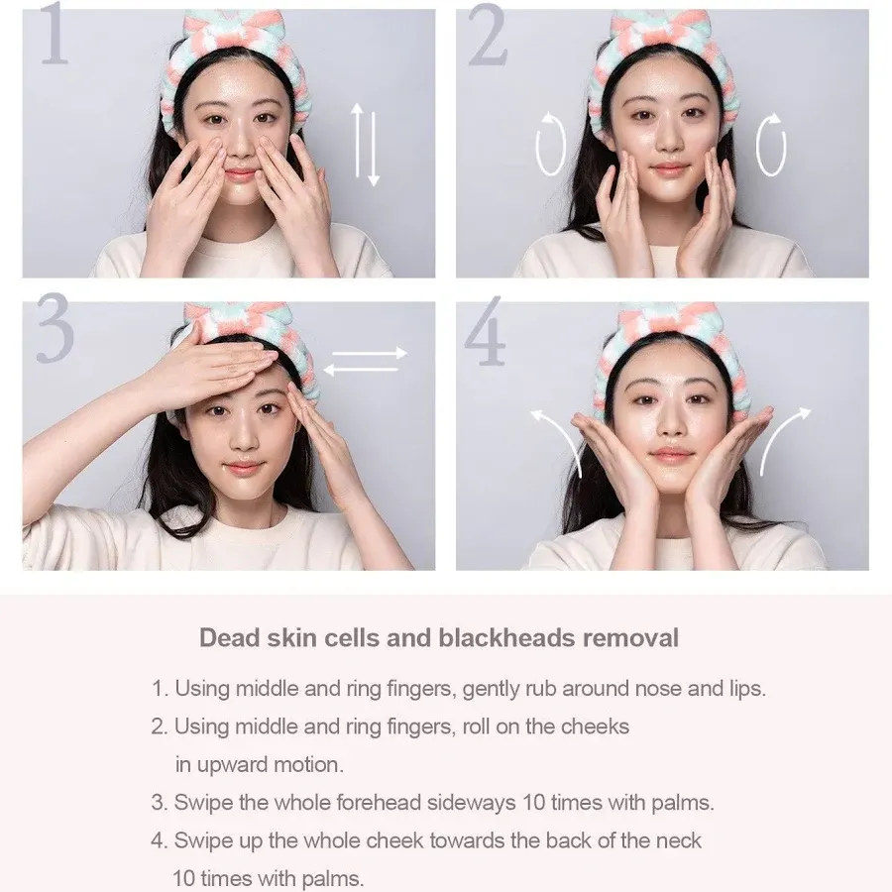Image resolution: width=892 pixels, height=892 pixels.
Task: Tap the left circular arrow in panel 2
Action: (x=550, y=146)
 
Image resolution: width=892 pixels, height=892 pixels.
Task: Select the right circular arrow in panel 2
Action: (x=771, y=146)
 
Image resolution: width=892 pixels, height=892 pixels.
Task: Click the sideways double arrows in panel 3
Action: (x=364, y=361)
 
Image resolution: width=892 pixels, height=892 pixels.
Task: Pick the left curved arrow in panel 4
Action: (x=555, y=436)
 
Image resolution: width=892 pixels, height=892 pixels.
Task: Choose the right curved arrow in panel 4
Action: (x=785, y=436)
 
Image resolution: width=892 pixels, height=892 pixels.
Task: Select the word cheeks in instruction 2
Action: (x=595, y=726)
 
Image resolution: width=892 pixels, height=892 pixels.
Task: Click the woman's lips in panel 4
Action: (x=672, y=455)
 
